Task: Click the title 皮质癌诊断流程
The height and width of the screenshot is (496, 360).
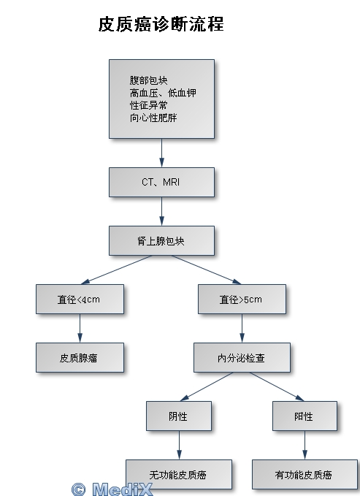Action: pos(161,24)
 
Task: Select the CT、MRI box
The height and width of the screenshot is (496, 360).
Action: pos(161,182)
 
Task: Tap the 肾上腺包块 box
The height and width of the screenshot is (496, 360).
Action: pos(161,241)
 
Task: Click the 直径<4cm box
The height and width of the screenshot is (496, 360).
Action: pos(80,299)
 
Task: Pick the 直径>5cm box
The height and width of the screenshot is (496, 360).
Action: pos(242,299)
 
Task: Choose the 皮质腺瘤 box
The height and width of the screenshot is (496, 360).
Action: pos(80,358)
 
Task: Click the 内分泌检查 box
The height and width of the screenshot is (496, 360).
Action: pos(242,358)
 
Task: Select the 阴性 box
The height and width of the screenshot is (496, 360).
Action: pos(179,416)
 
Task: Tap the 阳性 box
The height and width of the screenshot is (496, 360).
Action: pos(305,416)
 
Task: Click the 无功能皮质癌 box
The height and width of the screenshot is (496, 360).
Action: pos(179,475)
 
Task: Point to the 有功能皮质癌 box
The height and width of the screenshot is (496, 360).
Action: pos(305,475)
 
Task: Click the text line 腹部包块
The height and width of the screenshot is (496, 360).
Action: pos(148,80)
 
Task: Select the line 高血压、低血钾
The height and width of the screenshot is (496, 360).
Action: pos(163,93)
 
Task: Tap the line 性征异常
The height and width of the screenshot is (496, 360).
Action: pos(148,105)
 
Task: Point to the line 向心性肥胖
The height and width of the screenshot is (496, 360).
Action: pos(153,118)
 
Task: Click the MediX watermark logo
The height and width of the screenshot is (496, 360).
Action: pos(112,489)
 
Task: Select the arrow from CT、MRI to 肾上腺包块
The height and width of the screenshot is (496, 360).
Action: pos(161,211)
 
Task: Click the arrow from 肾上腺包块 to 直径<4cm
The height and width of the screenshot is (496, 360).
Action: pos(116,270)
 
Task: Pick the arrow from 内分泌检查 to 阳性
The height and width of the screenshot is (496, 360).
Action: pos(277,387)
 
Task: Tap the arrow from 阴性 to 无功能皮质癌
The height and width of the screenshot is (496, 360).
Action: pos(179,445)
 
